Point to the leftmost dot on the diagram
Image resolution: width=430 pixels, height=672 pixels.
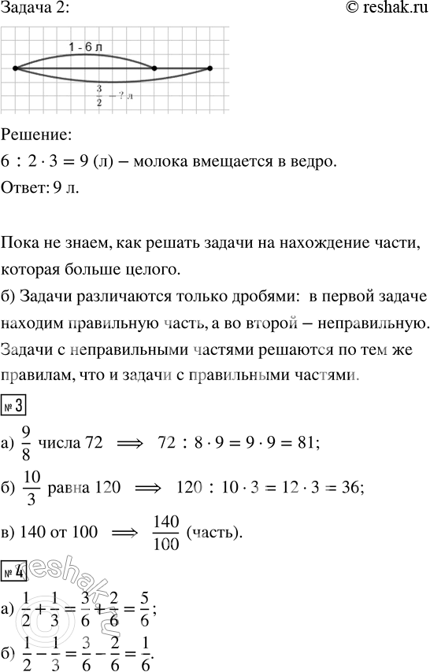17,69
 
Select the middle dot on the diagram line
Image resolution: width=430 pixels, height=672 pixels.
154,69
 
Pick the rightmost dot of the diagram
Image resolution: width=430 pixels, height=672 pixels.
210,69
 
